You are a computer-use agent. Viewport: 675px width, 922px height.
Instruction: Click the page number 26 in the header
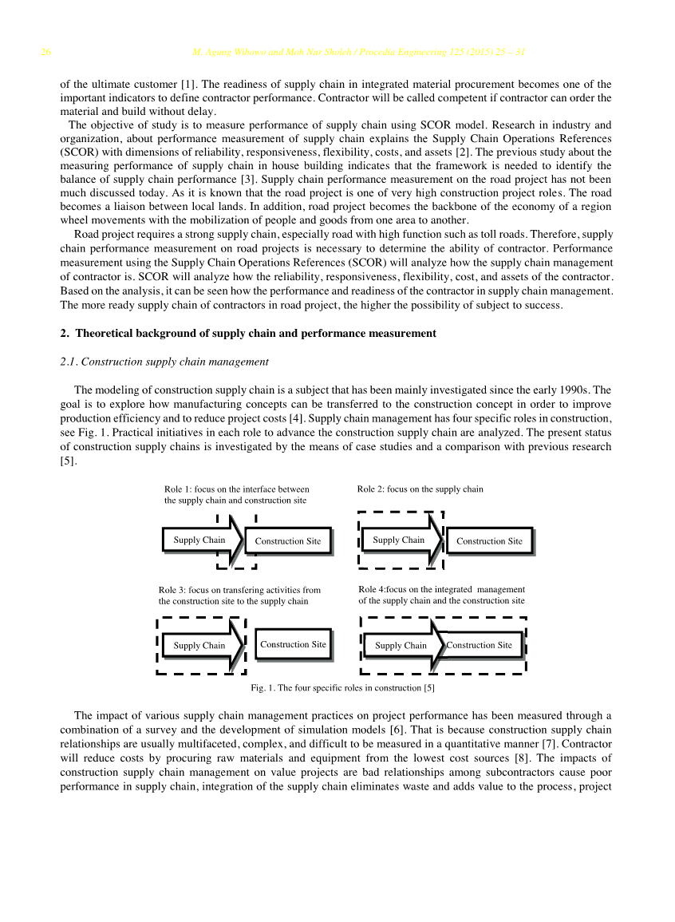pyautogui.click(x=46, y=53)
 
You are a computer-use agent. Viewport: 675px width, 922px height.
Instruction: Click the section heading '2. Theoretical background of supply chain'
pyautogui.click(x=248, y=333)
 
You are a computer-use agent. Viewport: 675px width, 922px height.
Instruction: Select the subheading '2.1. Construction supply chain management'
pyautogui.click(x=164, y=362)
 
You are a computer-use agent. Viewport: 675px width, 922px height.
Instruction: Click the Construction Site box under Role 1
pyautogui.click(x=288, y=541)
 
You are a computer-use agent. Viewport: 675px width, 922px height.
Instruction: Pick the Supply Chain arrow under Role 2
pyautogui.click(x=400, y=540)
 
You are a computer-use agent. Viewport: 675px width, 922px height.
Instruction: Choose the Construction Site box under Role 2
pyautogui.click(x=489, y=541)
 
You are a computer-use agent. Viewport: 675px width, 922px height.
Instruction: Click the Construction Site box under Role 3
pyautogui.click(x=293, y=644)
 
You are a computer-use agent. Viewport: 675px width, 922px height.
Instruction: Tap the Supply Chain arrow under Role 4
pyautogui.click(x=401, y=645)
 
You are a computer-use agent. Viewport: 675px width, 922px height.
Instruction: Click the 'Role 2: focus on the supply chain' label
pyautogui.click(x=420, y=489)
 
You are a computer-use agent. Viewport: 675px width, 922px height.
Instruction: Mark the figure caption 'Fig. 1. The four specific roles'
pyautogui.click(x=342, y=687)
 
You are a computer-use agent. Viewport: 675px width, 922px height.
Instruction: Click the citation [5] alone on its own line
pyautogui.click(x=68, y=461)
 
